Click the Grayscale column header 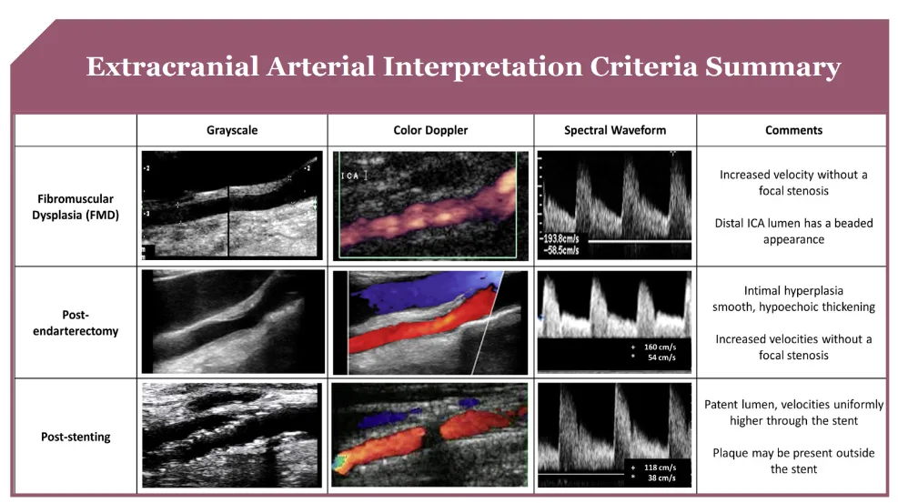pos(232,130)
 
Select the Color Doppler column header pos(430,130)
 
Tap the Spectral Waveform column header pos(615,130)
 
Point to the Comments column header pos(793,130)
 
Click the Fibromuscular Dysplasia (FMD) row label pos(76,207)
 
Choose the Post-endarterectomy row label pos(76,323)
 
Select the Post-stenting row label pos(76,438)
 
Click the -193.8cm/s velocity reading pos(560,239)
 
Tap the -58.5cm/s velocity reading pos(561,250)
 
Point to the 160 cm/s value pos(660,347)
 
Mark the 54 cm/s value pos(661,357)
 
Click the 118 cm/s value pos(660,468)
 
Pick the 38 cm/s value pos(661,478)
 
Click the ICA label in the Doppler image pos(350,176)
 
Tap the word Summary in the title pos(772,67)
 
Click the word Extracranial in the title pos(172,66)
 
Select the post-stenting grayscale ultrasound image pos(232,436)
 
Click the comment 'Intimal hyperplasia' pos(793,291)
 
